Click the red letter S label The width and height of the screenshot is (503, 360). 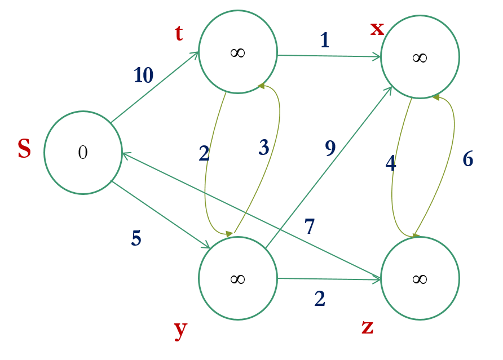coord(24,149)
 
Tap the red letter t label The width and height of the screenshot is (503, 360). coord(179,34)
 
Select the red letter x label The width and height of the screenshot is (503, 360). coord(377,28)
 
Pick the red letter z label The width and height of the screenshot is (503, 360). coord(367,326)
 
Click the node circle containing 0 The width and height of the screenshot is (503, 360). coord(83,153)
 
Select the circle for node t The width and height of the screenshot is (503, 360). coord(238,52)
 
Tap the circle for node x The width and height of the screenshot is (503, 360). coord(420,57)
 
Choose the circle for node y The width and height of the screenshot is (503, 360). coord(238,278)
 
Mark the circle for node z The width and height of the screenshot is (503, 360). coord(420,278)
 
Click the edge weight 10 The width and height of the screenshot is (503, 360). coord(143,75)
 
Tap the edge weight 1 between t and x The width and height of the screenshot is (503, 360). coord(324,40)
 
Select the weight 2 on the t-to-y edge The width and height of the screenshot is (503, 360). coord(204,153)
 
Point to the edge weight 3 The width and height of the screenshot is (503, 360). coord(264,148)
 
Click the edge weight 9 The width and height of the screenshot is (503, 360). coord(330,148)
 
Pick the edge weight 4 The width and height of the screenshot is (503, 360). coord(391,163)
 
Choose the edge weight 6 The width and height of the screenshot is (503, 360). coord(468,159)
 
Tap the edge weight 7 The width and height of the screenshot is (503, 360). coord(310,226)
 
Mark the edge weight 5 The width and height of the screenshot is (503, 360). coord(136,238)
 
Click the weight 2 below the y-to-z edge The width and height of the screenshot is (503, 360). coord(320,299)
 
